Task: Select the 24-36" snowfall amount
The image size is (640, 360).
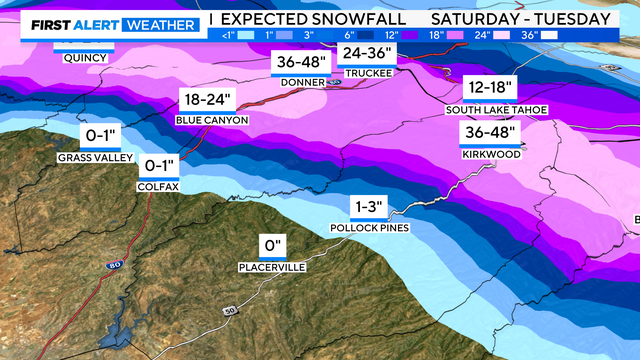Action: (x=363, y=52)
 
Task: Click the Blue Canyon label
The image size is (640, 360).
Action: (x=210, y=121)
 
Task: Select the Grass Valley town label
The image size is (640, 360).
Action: (x=87, y=157)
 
